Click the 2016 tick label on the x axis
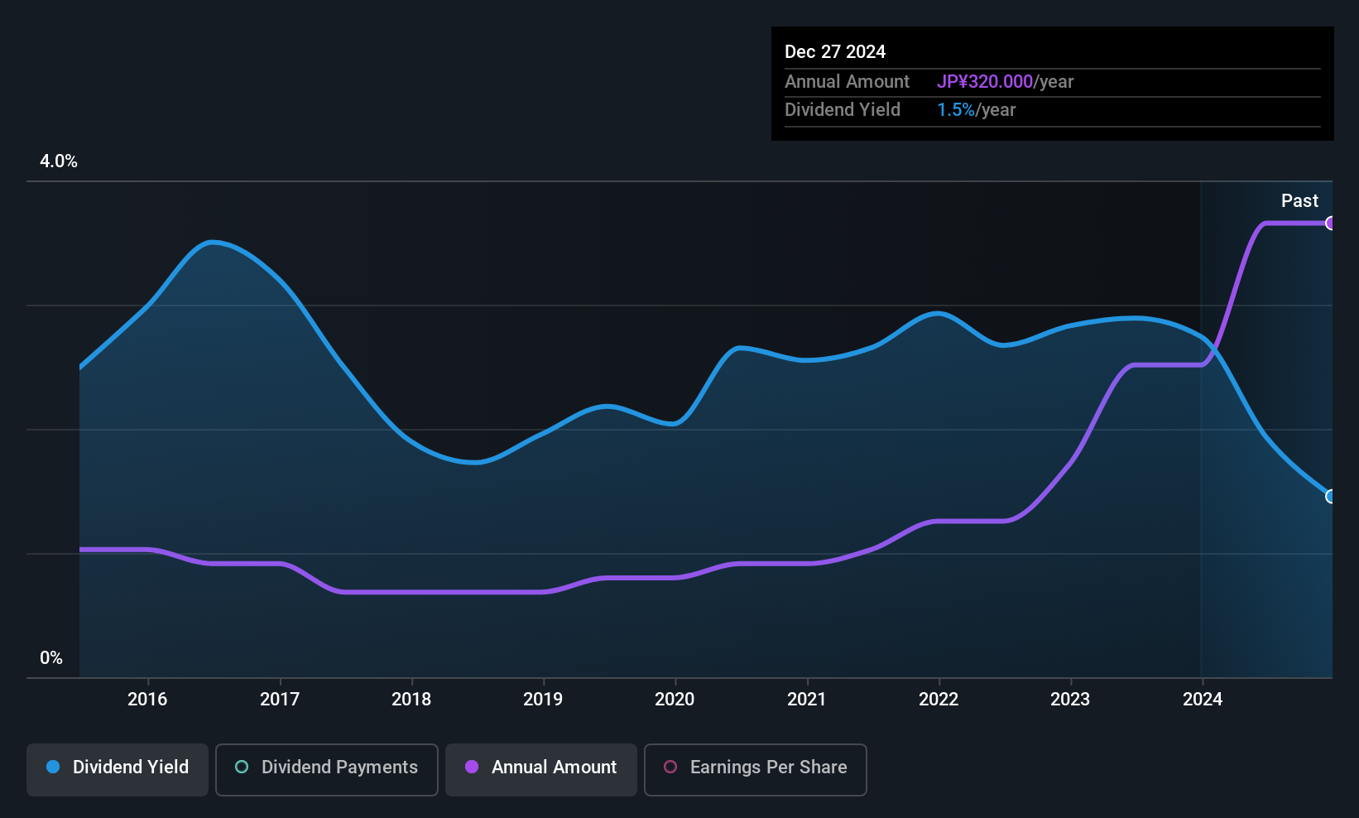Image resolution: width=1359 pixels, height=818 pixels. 147,699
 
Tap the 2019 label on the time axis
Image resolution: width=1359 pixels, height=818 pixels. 543,699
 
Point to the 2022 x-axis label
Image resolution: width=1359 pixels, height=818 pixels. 939,699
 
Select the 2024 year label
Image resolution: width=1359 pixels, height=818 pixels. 1203,699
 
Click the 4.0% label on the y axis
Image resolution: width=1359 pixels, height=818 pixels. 58,161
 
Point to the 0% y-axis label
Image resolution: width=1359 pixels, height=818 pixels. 51,658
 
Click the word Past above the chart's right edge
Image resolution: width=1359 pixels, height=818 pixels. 1299,201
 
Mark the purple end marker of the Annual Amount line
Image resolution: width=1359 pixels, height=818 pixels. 1330,224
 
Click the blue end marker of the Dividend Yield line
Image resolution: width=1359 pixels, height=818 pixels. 1330,497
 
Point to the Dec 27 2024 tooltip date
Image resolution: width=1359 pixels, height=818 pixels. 835,52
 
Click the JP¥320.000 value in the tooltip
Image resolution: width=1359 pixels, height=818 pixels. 985,81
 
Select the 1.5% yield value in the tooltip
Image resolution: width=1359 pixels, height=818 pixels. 956,110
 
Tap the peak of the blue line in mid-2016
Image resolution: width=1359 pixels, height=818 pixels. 211,243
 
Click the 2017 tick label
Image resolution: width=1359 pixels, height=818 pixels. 280,699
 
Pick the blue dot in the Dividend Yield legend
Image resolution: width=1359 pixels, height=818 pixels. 54,767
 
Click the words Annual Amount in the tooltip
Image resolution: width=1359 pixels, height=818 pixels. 847,81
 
